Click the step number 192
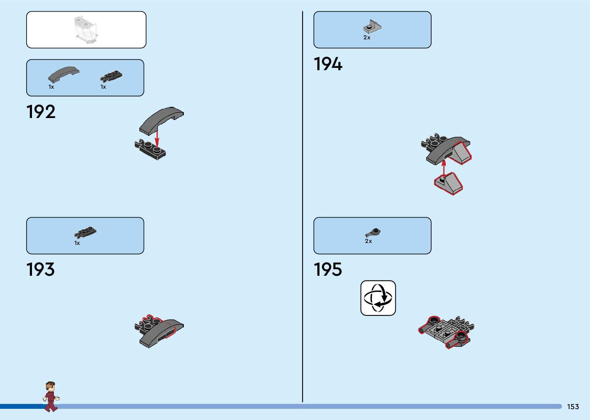[41, 112]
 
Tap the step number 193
[40, 270]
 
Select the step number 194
[328, 64]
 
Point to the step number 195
[328, 270]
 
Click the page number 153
[573, 407]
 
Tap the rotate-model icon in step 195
[378, 298]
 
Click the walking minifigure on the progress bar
[50, 396]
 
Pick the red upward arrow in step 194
[444, 167]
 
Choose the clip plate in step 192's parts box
[111, 76]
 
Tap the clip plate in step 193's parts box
[85, 232]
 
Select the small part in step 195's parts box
[373, 233]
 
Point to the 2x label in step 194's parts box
[367, 38]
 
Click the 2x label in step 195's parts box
[368, 241]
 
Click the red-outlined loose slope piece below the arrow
[449, 184]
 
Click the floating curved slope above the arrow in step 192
[161, 119]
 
